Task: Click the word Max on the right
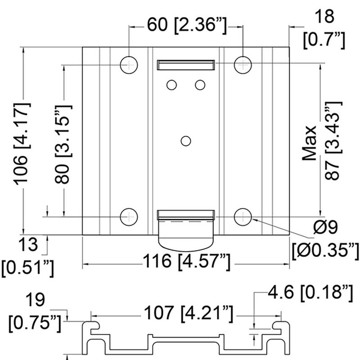[310, 143]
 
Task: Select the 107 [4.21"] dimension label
[185, 311]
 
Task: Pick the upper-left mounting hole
[129, 65]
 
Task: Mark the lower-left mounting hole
[129, 217]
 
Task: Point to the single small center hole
[184, 141]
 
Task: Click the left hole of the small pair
[171, 84]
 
